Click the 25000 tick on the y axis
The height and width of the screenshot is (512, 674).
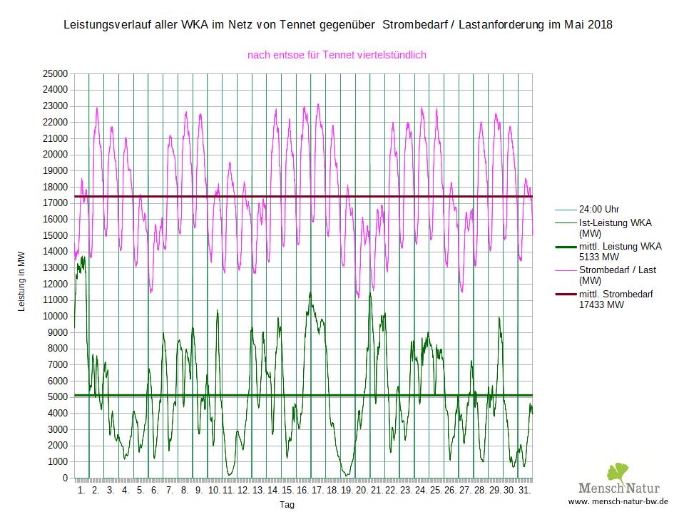click(55, 73)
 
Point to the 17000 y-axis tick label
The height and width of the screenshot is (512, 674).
click(55, 203)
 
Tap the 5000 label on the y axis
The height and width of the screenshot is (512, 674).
click(58, 397)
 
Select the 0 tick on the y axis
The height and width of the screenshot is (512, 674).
click(64, 478)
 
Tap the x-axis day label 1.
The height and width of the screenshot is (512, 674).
click(81, 491)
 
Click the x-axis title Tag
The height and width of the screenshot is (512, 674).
click(287, 505)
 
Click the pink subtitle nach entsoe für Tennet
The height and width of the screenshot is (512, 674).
click(337, 54)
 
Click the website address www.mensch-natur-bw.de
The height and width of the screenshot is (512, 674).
click(618, 501)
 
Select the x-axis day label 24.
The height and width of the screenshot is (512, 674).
click(421, 491)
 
